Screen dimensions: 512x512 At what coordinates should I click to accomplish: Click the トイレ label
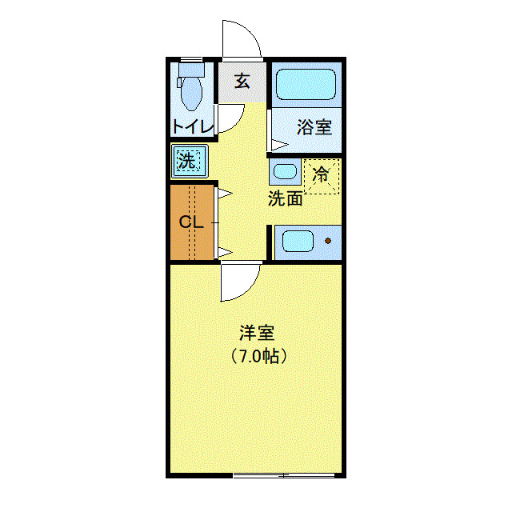(x=192, y=126)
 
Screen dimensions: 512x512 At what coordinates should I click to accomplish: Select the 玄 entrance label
(x=242, y=81)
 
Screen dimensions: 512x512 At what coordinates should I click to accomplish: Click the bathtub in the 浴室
(x=306, y=84)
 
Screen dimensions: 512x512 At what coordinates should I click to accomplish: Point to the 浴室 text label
(x=314, y=126)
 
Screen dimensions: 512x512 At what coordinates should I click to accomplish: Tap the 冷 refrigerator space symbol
(x=322, y=175)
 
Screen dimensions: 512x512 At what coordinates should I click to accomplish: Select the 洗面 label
(x=285, y=198)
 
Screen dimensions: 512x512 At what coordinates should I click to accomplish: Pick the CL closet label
(x=191, y=222)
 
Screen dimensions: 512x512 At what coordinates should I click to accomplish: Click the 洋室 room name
(x=258, y=332)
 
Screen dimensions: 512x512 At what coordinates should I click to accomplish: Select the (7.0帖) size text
(x=258, y=357)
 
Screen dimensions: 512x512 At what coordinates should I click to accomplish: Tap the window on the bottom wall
(x=284, y=475)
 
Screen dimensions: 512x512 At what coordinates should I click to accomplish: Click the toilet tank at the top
(x=191, y=70)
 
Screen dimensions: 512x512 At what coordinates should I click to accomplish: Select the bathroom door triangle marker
(x=278, y=145)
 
